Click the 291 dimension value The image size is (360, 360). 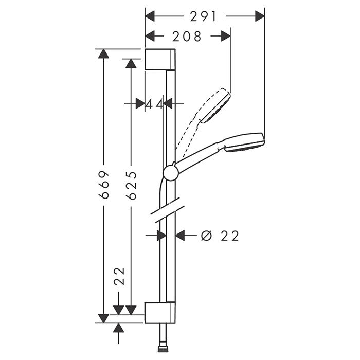203,16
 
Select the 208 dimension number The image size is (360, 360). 187,37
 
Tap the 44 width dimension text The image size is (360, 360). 154,104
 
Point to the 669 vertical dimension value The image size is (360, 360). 104,185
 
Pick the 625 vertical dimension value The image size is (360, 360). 131,185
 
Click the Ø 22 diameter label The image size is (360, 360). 220,236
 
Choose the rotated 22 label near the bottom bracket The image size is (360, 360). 119,276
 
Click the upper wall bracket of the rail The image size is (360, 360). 160,59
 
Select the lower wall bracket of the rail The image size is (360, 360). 160,313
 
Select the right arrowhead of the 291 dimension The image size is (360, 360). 260,16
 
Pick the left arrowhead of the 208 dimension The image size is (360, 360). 150,37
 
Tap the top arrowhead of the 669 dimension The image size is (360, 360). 104,54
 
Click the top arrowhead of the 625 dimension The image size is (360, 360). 131,64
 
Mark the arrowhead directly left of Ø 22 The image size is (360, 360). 180,236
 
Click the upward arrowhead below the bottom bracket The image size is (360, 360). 118,328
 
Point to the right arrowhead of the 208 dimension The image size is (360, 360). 226,37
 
